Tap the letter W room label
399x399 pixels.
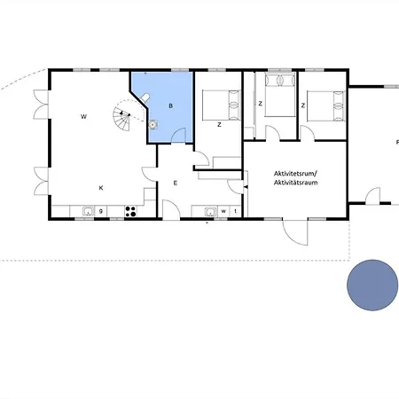[83, 117]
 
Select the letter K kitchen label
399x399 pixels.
[101, 188]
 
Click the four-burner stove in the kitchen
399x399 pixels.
[131, 211]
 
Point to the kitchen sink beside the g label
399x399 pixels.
[88, 211]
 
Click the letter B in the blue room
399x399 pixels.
[170, 106]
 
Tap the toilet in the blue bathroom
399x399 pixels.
[145, 98]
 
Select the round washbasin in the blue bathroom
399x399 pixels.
[153, 125]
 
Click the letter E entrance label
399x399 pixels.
[176, 184]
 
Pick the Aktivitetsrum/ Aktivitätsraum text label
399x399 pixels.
[296, 178]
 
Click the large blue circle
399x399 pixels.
[372, 286]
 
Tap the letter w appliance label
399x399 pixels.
[223, 211]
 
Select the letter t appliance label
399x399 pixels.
[236, 211]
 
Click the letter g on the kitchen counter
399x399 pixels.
[101, 211]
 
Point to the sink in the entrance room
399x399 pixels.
[210, 211]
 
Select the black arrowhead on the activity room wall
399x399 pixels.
[245, 187]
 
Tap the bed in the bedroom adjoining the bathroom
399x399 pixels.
[221, 105]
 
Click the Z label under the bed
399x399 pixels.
[219, 125]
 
